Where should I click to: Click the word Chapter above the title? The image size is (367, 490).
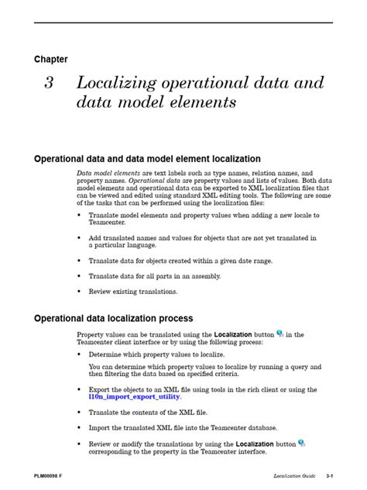tap(50, 59)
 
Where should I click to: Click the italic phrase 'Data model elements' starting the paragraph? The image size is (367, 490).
tap(108, 173)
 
